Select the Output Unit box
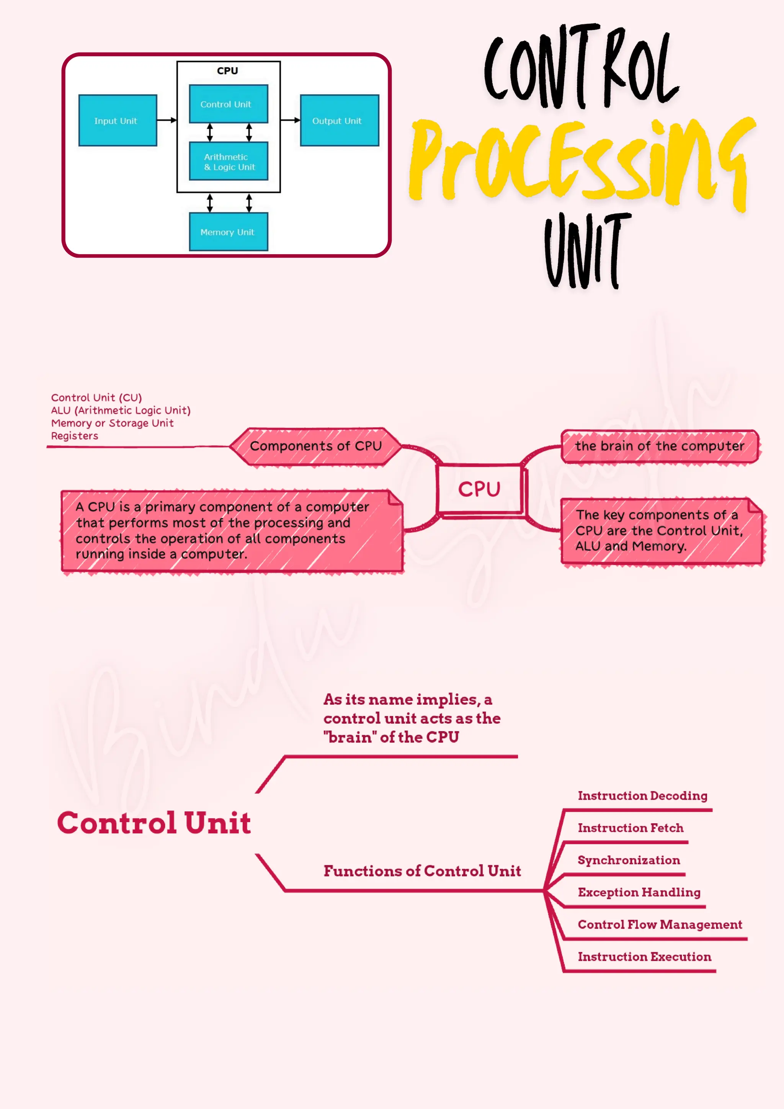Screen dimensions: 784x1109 (340, 120)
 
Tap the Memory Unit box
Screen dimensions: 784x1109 (228, 232)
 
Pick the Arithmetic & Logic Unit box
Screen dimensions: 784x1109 (228, 161)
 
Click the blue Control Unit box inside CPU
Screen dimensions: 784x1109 (228, 104)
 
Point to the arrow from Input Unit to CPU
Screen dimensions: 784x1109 (167, 120)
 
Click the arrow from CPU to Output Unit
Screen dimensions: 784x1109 (290, 120)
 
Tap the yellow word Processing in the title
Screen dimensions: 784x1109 (579, 162)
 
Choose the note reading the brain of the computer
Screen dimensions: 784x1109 (660, 446)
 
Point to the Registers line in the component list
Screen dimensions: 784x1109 (75, 436)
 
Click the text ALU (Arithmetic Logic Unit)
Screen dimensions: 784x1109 (121, 410)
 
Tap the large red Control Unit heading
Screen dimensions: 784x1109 (154, 823)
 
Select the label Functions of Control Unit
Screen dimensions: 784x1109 (422, 871)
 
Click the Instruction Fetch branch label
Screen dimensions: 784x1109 (630, 828)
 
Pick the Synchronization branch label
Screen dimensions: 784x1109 (629, 860)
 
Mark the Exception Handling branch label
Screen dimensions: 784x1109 (639, 892)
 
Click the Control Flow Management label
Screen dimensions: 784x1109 (660, 924)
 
